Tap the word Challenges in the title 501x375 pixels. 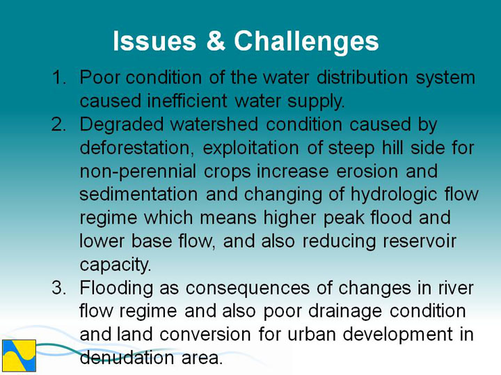306,42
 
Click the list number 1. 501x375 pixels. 58,78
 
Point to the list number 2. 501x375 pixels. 58,124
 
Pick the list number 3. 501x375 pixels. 58,288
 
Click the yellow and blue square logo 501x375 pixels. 19,356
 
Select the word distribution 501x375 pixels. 362,77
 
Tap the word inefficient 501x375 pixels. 187,101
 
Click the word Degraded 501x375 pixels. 121,126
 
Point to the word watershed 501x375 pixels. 214,124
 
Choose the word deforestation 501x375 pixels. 137,148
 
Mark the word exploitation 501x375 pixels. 250,149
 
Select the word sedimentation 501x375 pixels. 138,194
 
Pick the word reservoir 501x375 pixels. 420,241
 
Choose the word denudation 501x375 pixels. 127,358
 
